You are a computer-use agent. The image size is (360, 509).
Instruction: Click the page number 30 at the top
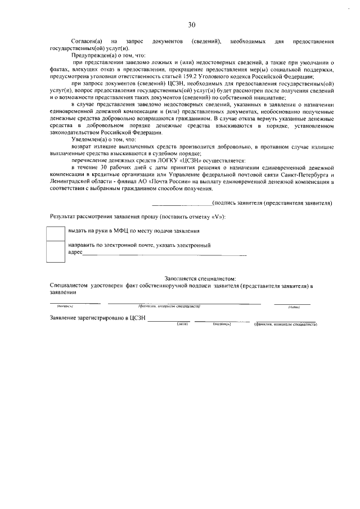pos(191,24)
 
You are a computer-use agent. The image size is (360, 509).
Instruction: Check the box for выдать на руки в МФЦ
pos(56,232)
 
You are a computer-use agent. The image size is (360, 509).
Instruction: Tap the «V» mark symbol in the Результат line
pos(220,217)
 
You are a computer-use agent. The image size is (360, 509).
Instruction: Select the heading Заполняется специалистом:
pos(200,279)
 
